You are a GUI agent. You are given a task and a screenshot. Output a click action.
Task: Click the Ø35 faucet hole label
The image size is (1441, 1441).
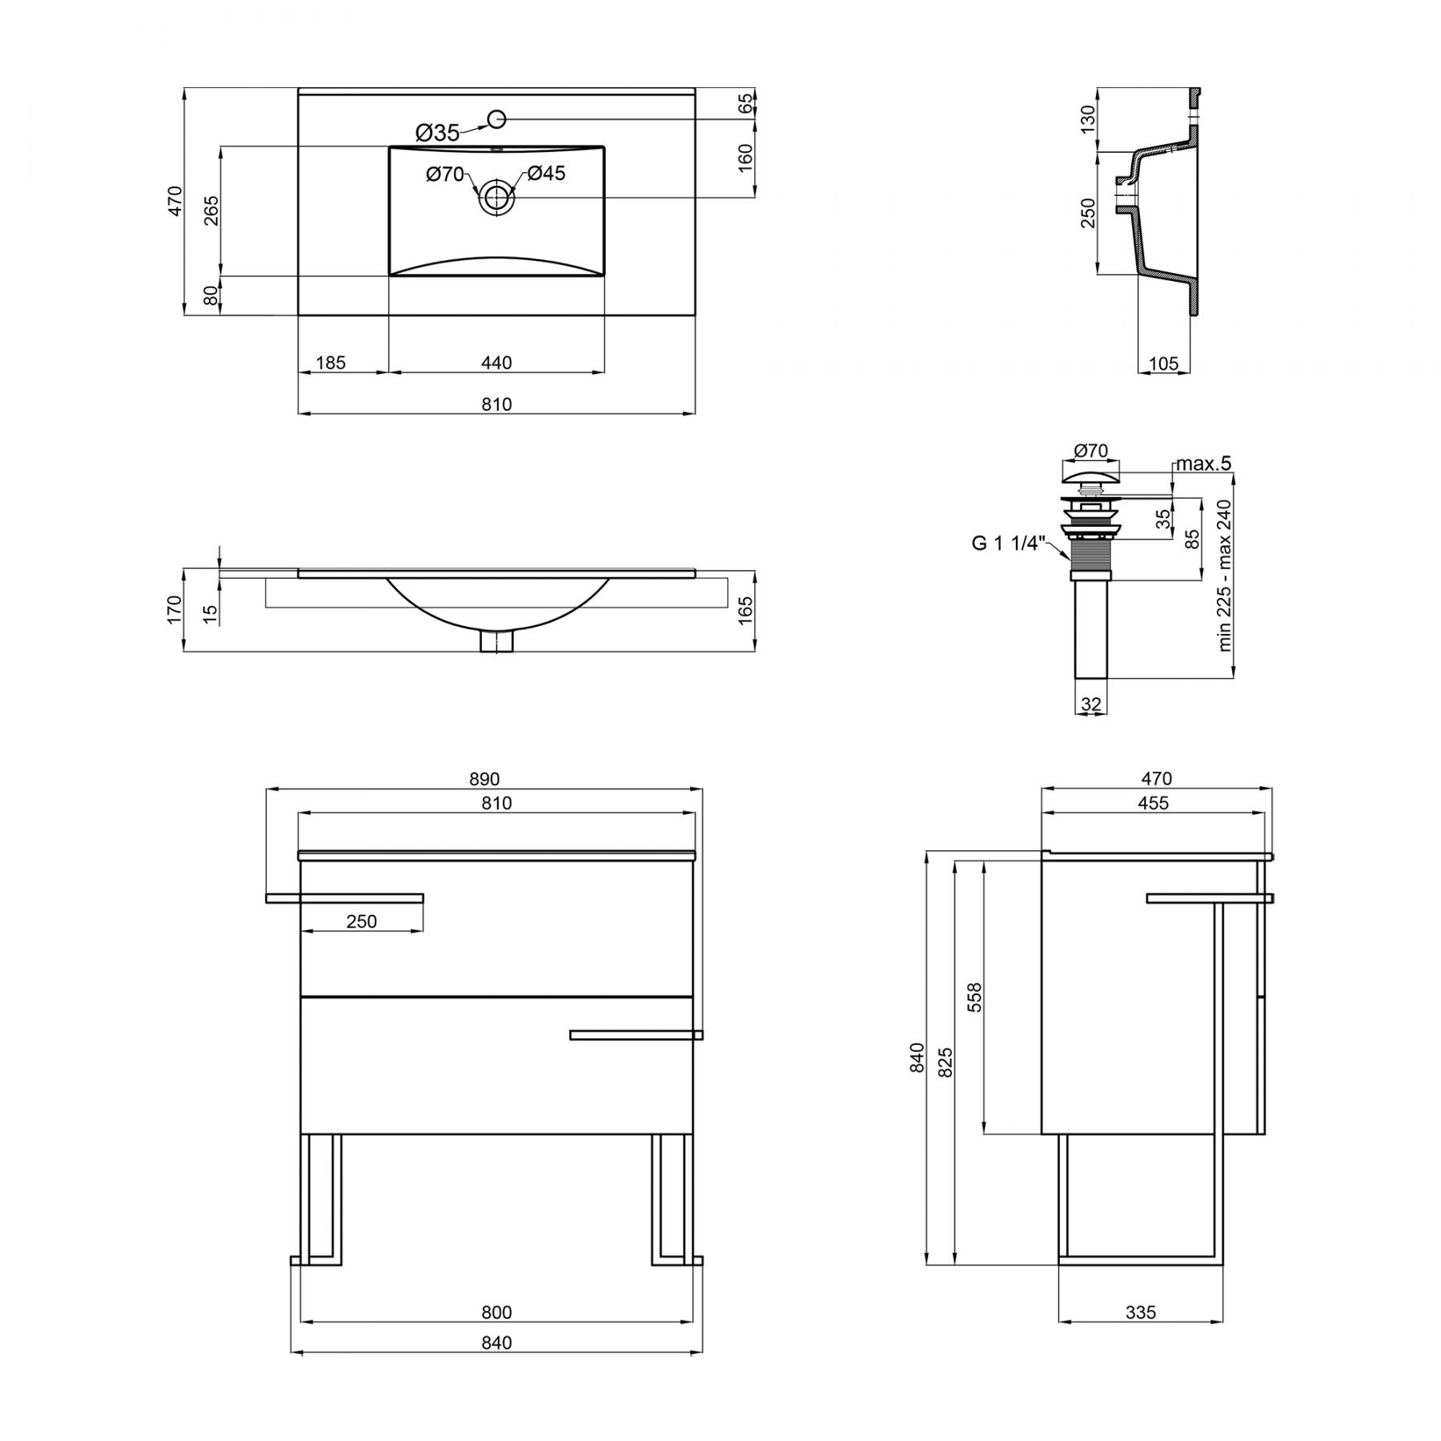click(437, 132)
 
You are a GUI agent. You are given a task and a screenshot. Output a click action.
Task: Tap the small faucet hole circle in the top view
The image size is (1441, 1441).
click(496, 119)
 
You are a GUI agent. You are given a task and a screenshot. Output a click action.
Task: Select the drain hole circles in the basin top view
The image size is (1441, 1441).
click(496, 196)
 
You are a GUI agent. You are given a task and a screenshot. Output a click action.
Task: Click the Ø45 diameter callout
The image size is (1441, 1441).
click(546, 173)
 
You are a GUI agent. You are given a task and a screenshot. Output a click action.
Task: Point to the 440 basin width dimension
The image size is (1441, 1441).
click(496, 363)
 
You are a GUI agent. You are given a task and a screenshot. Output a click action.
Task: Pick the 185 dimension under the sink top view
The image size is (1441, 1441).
click(331, 363)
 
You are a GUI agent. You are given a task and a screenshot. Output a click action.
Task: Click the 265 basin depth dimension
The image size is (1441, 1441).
click(211, 211)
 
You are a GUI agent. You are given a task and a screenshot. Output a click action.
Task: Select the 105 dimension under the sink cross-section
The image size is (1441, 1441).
click(1163, 363)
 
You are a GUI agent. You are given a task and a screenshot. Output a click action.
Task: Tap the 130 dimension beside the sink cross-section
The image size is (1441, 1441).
click(1088, 119)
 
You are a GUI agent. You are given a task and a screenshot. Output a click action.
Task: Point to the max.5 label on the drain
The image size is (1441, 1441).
click(1203, 464)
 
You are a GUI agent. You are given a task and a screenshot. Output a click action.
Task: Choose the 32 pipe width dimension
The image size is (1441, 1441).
click(1091, 704)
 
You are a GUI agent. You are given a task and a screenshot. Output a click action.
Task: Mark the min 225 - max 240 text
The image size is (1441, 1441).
click(1224, 576)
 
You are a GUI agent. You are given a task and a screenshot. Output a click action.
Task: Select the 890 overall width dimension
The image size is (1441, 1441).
click(484, 779)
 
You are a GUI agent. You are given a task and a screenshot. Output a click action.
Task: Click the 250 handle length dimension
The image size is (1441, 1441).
click(362, 921)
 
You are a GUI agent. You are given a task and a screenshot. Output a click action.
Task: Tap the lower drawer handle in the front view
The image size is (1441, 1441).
click(636, 1035)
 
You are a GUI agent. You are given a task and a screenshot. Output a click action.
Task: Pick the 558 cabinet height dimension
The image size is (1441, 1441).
click(974, 997)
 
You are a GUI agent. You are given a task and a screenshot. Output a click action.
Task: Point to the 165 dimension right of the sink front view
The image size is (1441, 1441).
click(745, 611)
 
